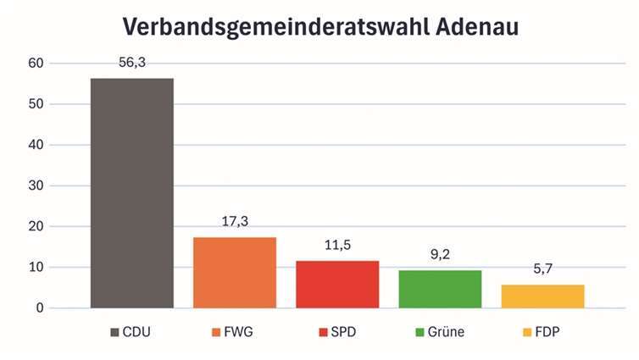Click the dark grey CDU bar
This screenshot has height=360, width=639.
[x=131, y=193]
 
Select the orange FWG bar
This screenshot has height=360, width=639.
[x=235, y=272]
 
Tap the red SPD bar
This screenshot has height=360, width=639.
[x=337, y=284]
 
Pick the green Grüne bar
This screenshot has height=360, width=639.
[x=440, y=289]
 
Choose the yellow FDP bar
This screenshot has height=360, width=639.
[x=542, y=296]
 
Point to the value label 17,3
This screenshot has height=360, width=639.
[x=235, y=222]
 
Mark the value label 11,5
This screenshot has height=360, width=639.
[x=337, y=246]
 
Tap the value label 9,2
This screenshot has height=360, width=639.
[x=440, y=254]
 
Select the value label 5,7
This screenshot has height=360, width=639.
[x=542, y=269]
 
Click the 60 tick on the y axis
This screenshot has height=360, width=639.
[x=35, y=64]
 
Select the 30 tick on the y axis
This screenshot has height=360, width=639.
[x=35, y=186]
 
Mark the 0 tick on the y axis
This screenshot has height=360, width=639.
[x=39, y=308]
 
